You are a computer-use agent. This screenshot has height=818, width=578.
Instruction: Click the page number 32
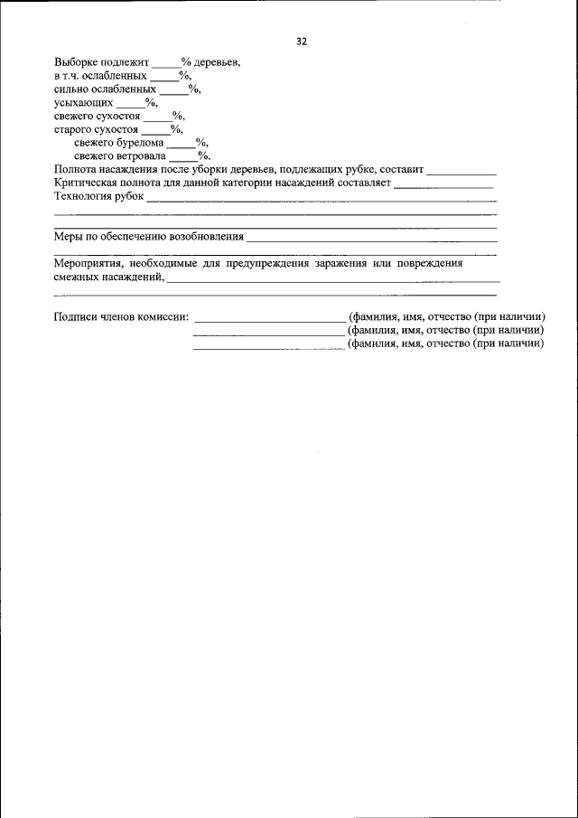[302, 42]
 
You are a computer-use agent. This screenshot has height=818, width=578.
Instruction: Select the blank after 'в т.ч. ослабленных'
[163, 77]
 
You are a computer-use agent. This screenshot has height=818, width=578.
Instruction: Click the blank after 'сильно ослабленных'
[174, 89]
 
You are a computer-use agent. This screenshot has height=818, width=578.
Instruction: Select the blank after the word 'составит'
[461, 171]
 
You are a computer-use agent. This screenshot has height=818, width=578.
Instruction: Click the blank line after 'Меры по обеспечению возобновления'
[371, 240]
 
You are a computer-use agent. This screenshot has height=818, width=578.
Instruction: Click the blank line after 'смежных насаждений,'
[333, 281]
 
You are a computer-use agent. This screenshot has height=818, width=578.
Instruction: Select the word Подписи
[76, 316]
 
